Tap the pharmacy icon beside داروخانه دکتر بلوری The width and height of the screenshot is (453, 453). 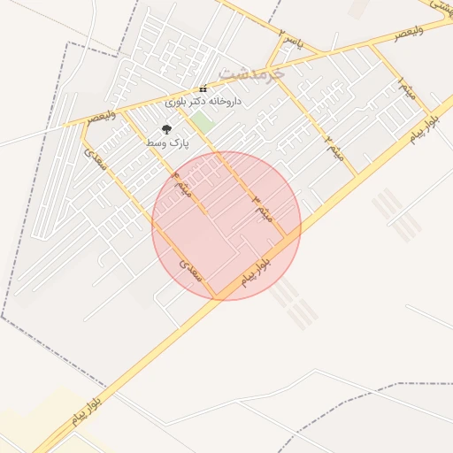pyautogui.click(x=203, y=88)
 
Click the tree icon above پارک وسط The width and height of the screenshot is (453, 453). pyautogui.click(x=166, y=129)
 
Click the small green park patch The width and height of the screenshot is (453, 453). pyautogui.click(x=203, y=122)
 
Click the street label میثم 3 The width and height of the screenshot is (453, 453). pyautogui.click(x=264, y=208)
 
